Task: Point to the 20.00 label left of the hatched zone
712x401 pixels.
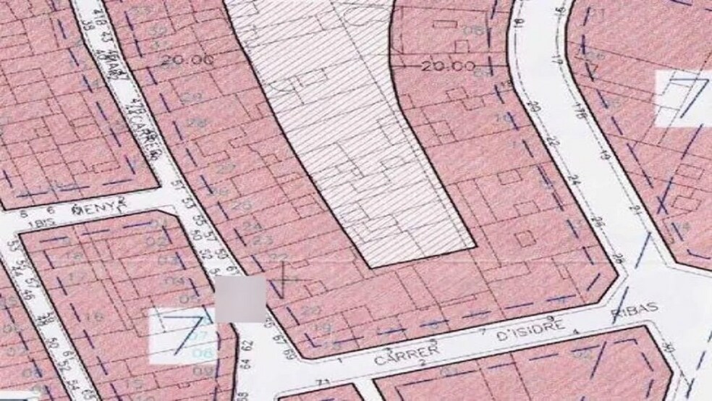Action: click(187, 60)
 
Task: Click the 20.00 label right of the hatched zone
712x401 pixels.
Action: click(448, 67)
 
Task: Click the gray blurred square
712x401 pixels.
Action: click(241, 298)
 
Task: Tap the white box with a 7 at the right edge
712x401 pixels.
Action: click(682, 98)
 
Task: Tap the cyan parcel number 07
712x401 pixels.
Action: click(200, 337)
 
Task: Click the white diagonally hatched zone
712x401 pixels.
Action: click(347, 130)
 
